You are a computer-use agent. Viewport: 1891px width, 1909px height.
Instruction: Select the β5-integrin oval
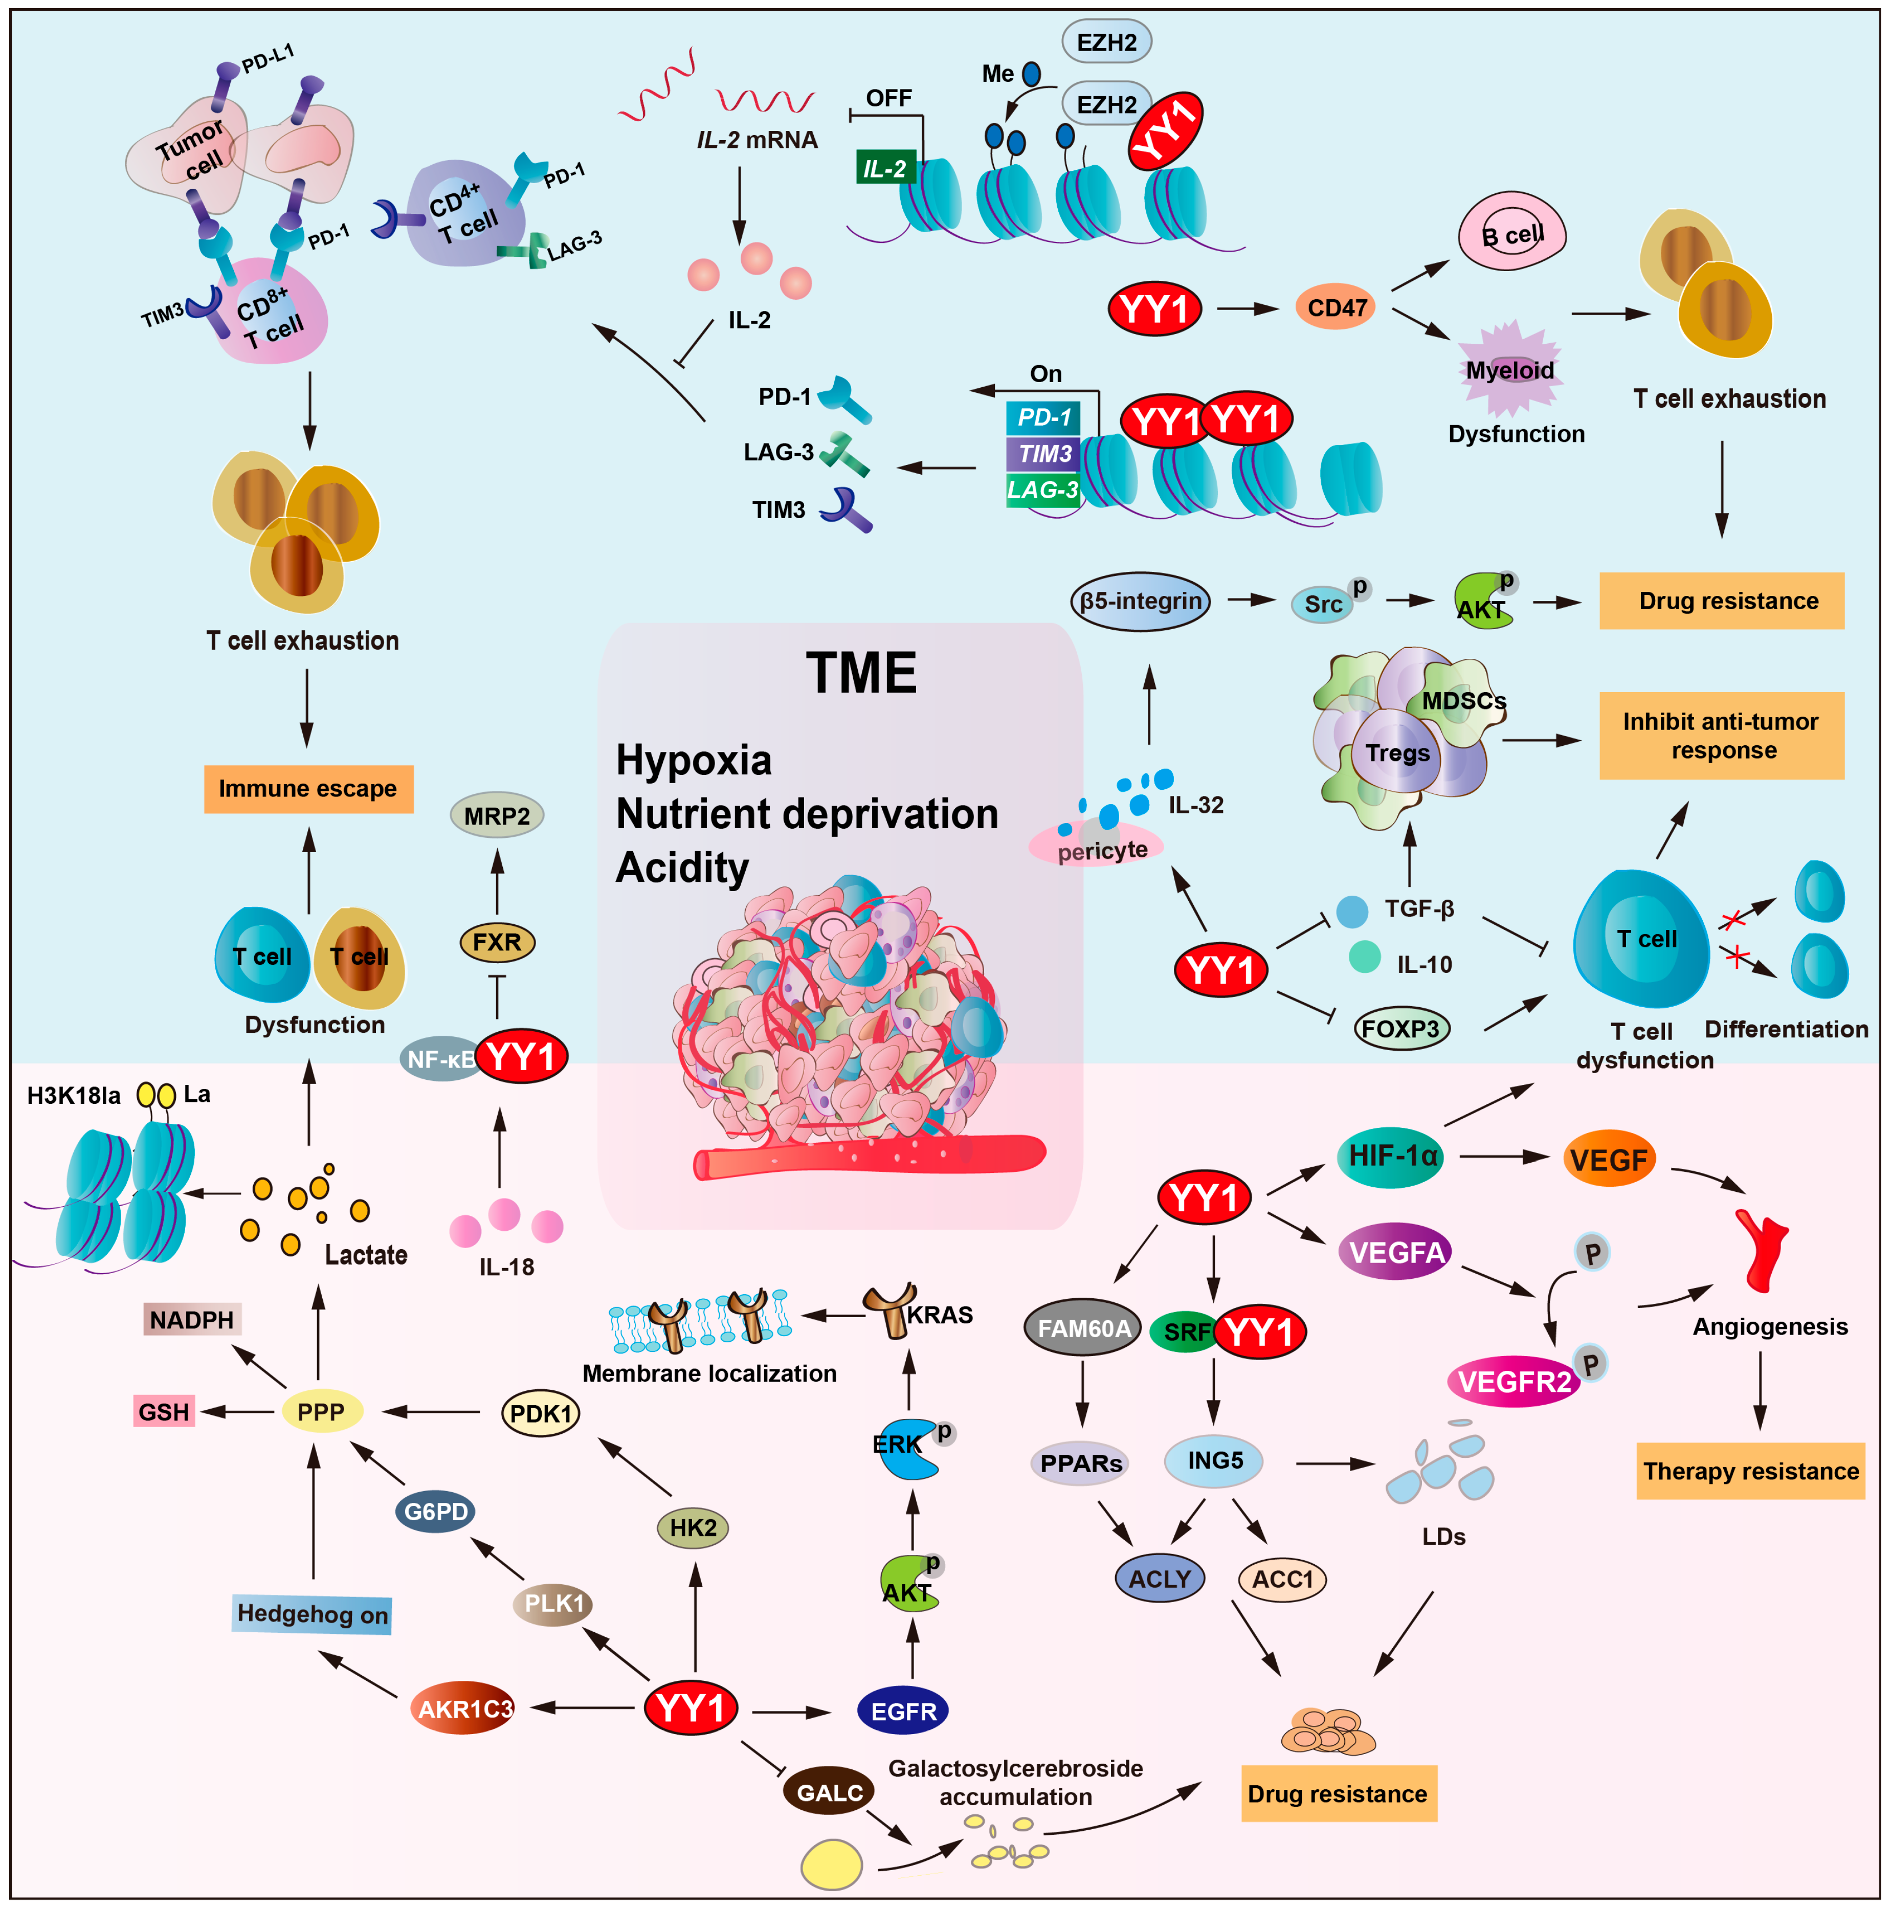[1140, 601]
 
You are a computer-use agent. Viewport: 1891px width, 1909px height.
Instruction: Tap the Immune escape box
[308, 788]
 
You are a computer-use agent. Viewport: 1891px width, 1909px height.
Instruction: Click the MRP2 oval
[497, 816]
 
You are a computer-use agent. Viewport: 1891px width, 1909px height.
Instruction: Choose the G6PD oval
[436, 1511]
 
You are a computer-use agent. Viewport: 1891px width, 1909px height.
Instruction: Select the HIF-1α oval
[1390, 1156]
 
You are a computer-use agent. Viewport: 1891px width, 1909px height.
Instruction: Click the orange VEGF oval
[1609, 1159]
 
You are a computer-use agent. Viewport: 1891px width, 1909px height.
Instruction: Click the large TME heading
[860, 673]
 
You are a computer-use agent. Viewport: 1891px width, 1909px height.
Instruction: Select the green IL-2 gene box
[884, 168]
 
